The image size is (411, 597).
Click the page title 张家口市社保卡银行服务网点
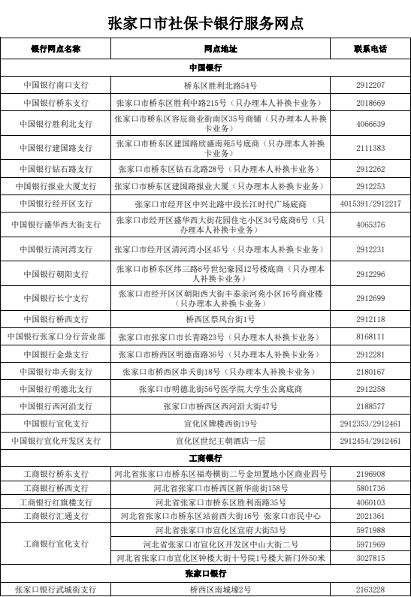click(206, 23)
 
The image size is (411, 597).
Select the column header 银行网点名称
click(56, 49)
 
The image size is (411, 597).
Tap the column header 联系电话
click(370, 49)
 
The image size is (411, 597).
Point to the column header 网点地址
click(220, 49)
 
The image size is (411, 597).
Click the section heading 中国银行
click(205, 68)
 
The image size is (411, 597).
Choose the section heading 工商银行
click(205, 457)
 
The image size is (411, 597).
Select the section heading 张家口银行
click(205, 573)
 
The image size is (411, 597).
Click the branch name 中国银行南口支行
click(56, 86)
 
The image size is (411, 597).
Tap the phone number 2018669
click(370, 103)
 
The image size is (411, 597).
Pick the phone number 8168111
click(370, 337)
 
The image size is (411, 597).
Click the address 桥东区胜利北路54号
click(220, 86)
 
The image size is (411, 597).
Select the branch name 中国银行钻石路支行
click(56, 169)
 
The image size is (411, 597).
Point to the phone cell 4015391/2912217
click(370, 204)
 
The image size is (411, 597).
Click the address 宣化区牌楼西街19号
click(220, 424)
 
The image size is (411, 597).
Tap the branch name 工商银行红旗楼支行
click(56, 502)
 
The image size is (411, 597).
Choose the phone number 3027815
click(370, 557)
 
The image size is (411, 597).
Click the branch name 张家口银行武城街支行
click(56, 589)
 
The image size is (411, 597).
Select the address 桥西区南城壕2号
click(220, 589)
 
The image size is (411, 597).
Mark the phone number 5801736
click(370, 488)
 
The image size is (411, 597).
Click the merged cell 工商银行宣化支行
click(56, 543)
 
